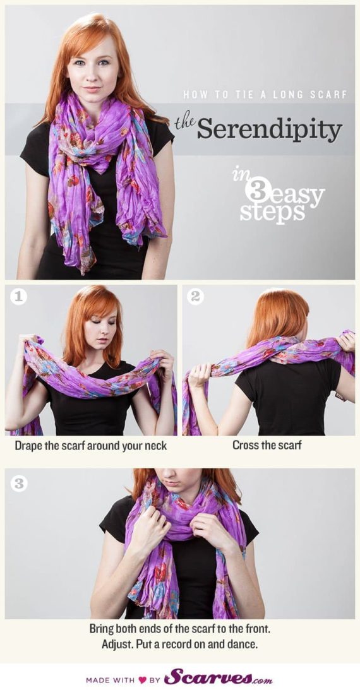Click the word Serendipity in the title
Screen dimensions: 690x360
tap(269, 129)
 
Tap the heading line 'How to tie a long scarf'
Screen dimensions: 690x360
tap(265, 95)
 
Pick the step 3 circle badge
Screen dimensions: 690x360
tap(19, 483)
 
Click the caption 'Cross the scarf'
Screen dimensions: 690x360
tap(267, 445)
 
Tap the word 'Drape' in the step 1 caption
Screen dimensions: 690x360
tap(30, 446)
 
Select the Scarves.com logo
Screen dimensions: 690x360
tap(218, 678)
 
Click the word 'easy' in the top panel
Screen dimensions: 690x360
tap(299, 194)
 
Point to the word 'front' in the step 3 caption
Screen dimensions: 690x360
tap(256, 629)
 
